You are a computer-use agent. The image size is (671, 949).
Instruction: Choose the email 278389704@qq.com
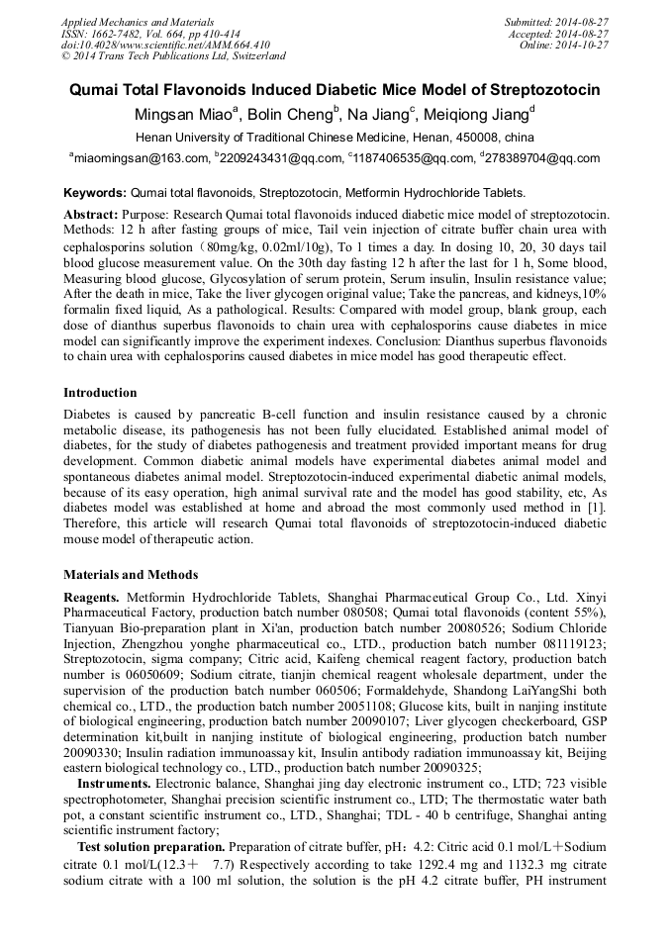click(x=543, y=158)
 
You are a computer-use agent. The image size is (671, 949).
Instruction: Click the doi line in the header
click(x=165, y=46)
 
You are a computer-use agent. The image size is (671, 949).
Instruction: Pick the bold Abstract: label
click(x=91, y=214)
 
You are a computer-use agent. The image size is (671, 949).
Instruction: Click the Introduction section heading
click(x=100, y=393)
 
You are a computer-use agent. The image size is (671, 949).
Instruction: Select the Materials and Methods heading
click(x=131, y=574)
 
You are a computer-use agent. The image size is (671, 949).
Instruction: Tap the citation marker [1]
click(x=599, y=507)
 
